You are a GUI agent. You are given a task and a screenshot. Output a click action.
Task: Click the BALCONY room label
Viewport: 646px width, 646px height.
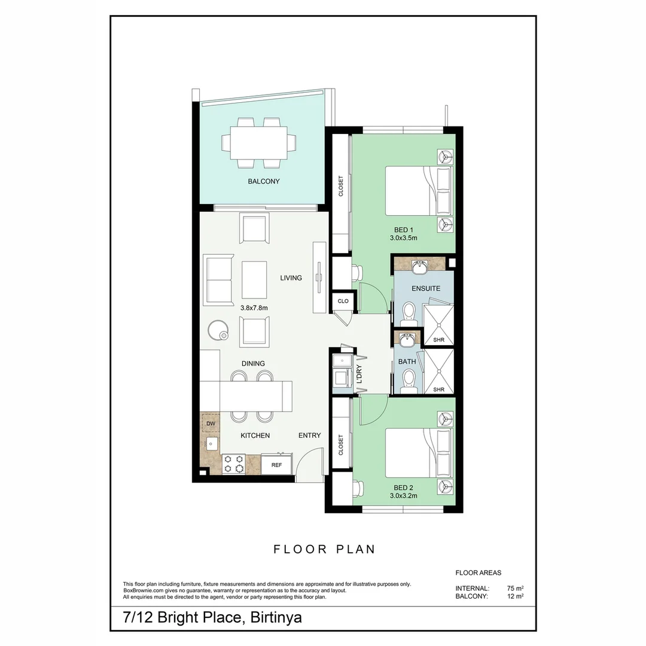264,181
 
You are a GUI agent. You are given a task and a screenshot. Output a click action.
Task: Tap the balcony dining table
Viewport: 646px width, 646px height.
259,142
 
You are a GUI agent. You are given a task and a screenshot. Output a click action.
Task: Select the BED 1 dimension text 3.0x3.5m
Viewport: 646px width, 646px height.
403,238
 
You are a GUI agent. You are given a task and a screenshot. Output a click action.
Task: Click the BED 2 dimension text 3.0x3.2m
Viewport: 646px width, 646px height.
403,495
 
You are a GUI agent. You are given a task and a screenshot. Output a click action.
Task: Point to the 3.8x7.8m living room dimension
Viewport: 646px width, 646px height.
254,307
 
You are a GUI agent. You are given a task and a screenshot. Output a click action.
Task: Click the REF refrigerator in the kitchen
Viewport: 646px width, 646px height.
276,464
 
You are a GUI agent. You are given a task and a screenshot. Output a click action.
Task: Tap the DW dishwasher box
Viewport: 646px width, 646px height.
211,423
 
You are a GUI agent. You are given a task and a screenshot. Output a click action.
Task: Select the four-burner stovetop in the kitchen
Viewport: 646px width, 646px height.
233,464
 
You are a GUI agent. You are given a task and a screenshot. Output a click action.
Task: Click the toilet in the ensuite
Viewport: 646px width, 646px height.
409,312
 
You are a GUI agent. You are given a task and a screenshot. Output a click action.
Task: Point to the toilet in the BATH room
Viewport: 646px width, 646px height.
409,380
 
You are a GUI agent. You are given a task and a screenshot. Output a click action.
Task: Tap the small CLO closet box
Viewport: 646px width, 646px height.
343,301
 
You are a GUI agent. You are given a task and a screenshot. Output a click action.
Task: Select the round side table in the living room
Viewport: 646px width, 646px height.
218,330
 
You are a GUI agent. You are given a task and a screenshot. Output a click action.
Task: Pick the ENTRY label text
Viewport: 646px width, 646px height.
309,435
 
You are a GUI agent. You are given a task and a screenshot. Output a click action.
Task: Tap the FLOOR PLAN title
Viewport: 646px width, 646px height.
324,549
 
